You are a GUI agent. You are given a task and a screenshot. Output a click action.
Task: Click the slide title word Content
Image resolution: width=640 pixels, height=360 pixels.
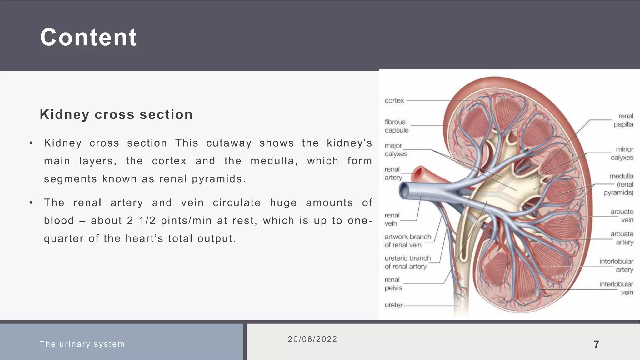[x=88, y=37]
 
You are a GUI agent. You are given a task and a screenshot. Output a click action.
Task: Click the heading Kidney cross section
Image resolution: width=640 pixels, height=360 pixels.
[x=116, y=114]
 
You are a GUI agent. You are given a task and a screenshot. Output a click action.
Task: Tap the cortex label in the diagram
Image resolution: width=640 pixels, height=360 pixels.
[x=394, y=101]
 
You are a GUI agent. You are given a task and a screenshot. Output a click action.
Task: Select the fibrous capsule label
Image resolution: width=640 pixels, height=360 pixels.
[x=396, y=126]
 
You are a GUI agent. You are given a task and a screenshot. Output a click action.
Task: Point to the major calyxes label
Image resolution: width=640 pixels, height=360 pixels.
[x=396, y=150]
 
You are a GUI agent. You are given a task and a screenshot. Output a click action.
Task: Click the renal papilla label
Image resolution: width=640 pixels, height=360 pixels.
[x=623, y=120]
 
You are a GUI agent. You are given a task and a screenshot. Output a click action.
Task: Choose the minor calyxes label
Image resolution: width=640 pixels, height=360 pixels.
[x=622, y=153]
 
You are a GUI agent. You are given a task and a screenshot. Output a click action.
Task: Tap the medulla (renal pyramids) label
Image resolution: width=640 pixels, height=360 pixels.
[x=619, y=184]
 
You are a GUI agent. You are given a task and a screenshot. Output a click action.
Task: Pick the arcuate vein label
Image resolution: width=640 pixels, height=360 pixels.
[x=622, y=216]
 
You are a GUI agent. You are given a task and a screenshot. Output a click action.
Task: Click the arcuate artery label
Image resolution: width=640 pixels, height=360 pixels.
[x=622, y=238]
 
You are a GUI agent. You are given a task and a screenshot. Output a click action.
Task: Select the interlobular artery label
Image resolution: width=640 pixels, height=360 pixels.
[x=617, y=265]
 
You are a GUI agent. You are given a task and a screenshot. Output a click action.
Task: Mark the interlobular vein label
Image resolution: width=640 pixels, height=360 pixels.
[x=617, y=288]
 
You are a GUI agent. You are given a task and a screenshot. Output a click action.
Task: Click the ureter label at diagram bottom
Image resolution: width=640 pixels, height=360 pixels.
[x=394, y=305]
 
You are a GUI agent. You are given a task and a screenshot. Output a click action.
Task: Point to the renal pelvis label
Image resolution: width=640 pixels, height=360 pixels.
[x=393, y=284]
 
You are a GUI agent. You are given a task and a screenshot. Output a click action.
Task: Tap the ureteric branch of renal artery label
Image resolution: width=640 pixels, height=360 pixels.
[x=407, y=262]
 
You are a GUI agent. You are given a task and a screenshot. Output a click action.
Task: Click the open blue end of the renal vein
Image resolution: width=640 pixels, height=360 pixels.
[x=404, y=190]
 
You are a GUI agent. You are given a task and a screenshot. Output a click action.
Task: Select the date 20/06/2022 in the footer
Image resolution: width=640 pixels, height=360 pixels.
[x=312, y=339]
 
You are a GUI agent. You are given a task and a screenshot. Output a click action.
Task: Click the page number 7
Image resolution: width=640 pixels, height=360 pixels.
[x=596, y=345]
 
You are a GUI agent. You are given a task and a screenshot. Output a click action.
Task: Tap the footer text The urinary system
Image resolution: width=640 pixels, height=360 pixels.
[x=82, y=344]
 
